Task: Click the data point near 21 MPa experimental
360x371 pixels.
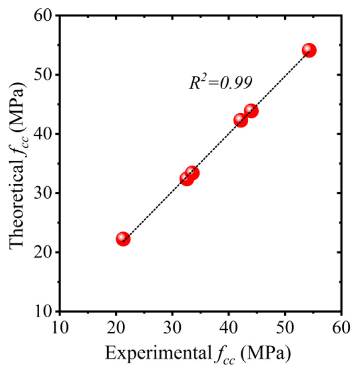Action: (x=123, y=239)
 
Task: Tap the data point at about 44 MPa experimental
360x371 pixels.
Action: (x=251, y=111)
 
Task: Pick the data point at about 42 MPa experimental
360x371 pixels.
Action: (x=240, y=120)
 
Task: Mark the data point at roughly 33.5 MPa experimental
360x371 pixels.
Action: (x=192, y=173)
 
